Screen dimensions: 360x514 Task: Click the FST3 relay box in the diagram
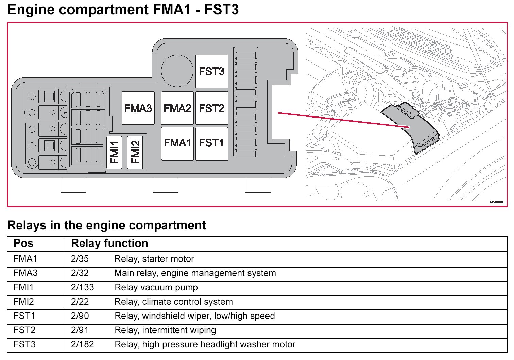tap(211, 72)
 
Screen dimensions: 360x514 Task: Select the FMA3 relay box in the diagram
tap(138, 108)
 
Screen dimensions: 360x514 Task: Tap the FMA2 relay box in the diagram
tap(177, 108)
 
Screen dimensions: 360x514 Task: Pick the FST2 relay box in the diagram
tap(211, 108)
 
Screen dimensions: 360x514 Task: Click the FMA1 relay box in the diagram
tap(177, 143)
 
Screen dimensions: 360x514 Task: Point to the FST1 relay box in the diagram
tap(211, 143)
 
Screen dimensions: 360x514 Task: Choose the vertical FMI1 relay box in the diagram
tap(114, 152)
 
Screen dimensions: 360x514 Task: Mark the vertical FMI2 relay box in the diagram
tap(135, 152)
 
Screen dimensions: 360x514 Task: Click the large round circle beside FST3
tap(177, 71)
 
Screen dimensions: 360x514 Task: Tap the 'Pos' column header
tap(23, 244)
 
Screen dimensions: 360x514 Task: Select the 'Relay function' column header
tap(109, 244)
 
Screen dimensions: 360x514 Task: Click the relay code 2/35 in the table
tap(80, 259)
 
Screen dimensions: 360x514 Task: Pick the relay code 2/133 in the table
tap(83, 288)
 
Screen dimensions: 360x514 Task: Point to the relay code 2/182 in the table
tap(83, 345)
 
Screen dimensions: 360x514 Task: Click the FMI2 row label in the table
tap(24, 302)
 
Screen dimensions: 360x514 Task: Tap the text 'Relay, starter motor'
tap(154, 259)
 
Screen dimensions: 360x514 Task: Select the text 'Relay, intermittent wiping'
tap(165, 330)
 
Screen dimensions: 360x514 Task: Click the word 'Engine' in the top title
tap(31, 10)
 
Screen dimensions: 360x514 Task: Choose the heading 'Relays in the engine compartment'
tap(106, 225)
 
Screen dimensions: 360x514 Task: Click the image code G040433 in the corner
tap(496, 202)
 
